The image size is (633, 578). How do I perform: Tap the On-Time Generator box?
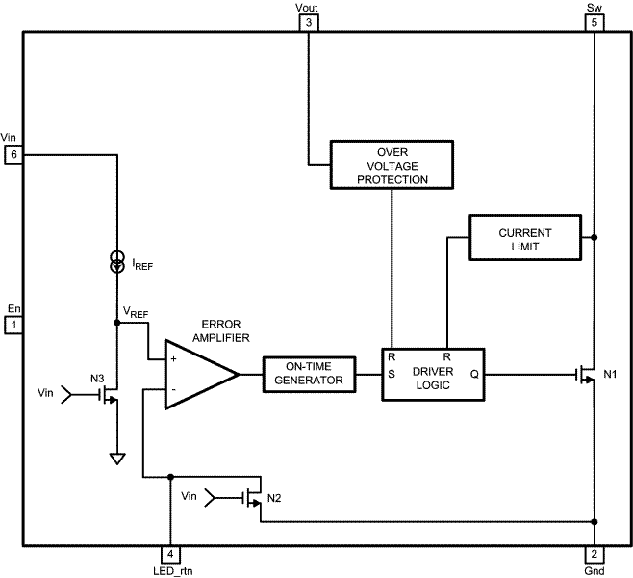pyautogui.click(x=308, y=374)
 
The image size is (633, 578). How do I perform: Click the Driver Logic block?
pyautogui.click(x=432, y=373)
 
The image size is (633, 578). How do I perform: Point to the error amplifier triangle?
pyautogui.click(x=196, y=373)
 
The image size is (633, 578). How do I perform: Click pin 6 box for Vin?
pyautogui.click(x=13, y=154)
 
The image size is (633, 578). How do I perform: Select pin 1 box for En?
pyautogui.click(x=13, y=326)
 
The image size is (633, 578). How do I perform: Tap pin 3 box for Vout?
pyautogui.click(x=308, y=22)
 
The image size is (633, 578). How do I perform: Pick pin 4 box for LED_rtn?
pyautogui.click(x=169, y=555)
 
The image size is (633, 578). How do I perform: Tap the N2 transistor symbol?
pyautogui.click(x=253, y=498)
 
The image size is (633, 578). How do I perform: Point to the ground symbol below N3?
pyautogui.click(x=116, y=459)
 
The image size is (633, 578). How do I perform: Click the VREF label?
pyautogui.click(x=135, y=313)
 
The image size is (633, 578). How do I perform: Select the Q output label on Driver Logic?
pyautogui.click(x=474, y=374)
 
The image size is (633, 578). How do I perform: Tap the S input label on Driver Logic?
pyautogui.click(x=392, y=374)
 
